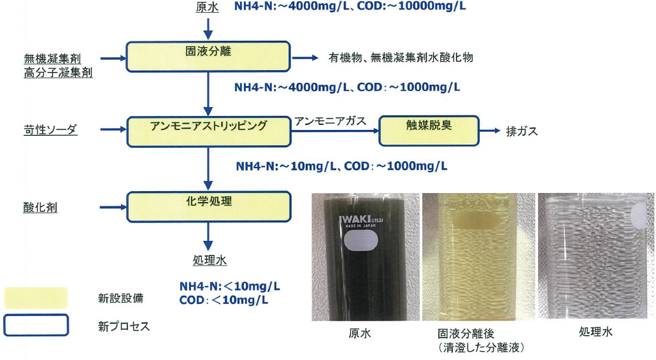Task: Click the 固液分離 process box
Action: (208, 56)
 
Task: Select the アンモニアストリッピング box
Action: (209, 131)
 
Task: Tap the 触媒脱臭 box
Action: (429, 131)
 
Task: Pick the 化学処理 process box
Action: (209, 206)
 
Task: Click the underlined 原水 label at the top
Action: (208, 8)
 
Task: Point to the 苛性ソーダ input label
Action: (50, 130)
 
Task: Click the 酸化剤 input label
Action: (40, 207)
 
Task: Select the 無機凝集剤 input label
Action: (52, 59)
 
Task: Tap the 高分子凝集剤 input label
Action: (58, 73)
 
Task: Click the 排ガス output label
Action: (522, 131)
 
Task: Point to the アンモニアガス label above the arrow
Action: (330, 122)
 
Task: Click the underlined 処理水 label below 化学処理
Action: (210, 261)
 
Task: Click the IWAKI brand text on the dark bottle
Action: (354, 219)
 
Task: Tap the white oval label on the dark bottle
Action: (360, 241)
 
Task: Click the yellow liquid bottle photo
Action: (478, 257)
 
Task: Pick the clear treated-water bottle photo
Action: (595, 256)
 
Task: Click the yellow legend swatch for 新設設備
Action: (36, 298)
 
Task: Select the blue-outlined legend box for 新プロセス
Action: (36, 325)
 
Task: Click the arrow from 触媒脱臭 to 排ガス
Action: (490, 131)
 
